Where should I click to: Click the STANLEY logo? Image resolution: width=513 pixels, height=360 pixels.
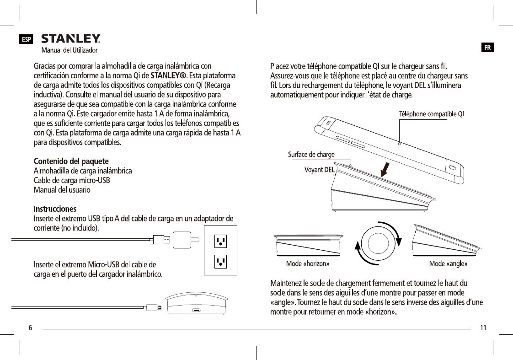(71, 38)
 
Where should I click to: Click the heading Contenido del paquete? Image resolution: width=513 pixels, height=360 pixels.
(71, 161)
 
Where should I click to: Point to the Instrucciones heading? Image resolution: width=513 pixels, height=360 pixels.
(55, 209)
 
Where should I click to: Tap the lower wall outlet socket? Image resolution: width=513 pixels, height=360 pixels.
(220, 261)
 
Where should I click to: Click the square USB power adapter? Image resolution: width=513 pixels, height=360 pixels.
(183, 239)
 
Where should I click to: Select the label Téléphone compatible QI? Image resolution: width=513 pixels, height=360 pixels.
(432, 114)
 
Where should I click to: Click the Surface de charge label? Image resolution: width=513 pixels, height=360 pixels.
(311, 155)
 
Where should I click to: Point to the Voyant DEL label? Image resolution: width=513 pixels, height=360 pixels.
(319, 170)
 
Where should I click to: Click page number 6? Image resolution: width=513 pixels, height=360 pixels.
(30, 328)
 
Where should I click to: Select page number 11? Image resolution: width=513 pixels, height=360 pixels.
(483, 328)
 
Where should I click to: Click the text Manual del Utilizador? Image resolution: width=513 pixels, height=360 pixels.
(69, 50)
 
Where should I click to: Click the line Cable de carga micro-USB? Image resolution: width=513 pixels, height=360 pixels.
(72, 180)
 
